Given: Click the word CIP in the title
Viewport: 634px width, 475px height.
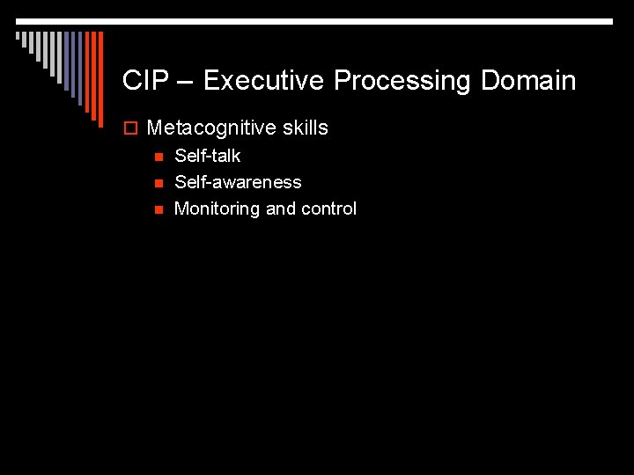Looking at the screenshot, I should coord(141,81).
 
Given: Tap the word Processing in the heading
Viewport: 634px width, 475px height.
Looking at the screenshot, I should coord(403,82).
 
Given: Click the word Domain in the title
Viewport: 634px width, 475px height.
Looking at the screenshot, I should coord(528,81).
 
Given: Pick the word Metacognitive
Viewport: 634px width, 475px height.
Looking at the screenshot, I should coord(212,128).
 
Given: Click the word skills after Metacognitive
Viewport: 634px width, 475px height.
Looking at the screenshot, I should coord(306,128).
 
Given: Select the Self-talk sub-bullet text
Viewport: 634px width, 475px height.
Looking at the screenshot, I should coord(208,156).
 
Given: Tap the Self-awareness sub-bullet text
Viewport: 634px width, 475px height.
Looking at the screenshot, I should coord(238,182).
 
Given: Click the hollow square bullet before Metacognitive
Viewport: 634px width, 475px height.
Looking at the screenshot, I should coord(130,128).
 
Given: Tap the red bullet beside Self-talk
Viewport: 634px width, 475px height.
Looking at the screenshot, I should coord(158,157).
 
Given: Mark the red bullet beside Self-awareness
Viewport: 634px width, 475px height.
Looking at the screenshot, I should coord(158,183).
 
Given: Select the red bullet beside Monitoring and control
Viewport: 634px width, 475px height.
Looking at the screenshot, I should coord(158,209).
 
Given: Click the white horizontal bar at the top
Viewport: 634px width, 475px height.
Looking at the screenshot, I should coord(317,21).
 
